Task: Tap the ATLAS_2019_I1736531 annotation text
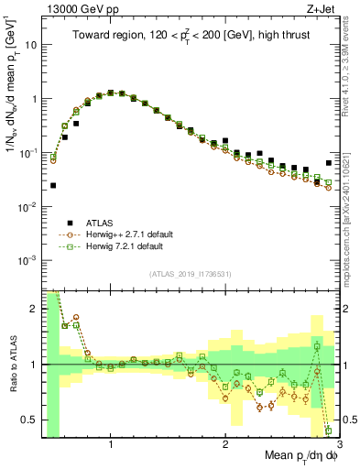point(190,274)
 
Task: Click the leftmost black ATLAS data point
point(53,185)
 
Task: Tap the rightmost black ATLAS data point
point(329,163)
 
